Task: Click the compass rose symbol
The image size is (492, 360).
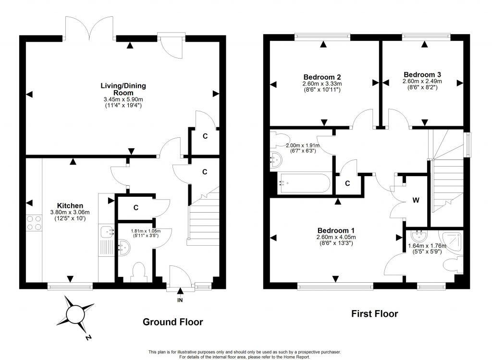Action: [75, 314]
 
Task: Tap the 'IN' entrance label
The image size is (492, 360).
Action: [180, 300]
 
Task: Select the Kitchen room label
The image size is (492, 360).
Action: [70, 205]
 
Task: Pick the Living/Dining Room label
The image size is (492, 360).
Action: [123, 89]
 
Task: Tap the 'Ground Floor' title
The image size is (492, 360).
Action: [172, 322]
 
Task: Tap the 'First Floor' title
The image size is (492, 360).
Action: [374, 314]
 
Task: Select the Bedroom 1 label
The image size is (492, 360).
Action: [335, 230]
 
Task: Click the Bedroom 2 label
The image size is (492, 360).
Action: [322, 77]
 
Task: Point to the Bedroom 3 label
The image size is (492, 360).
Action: [422, 74]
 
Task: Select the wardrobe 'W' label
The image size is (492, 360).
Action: [416, 200]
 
